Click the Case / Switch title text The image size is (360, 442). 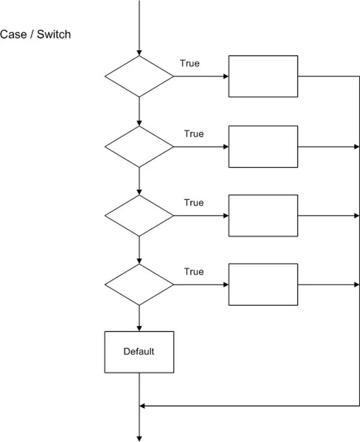coord(35,34)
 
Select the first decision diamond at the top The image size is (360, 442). coord(139,76)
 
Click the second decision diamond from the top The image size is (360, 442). coord(139,147)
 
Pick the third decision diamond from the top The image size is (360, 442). coord(139,216)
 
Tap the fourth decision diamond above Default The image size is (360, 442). coord(139,285)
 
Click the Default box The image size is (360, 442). coord(139,352)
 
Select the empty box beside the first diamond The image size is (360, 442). coord(263,76)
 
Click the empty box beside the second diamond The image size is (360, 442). coord(263,147)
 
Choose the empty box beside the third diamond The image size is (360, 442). coord(263,216)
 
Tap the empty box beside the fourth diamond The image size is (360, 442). coord(263,285)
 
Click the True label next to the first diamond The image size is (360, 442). coord(190,63)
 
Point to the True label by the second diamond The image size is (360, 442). coord(194,133)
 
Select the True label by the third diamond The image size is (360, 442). coord(194,202)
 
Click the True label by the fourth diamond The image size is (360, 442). coord(194,271)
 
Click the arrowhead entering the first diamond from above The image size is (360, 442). coord(139,52)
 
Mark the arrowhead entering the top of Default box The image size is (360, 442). coord(139,328)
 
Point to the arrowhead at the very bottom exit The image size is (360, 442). coord(139,438)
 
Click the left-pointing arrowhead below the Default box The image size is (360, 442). coord(143,407)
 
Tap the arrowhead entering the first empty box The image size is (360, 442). coord(226,76)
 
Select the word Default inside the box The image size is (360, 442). coord(139,351)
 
